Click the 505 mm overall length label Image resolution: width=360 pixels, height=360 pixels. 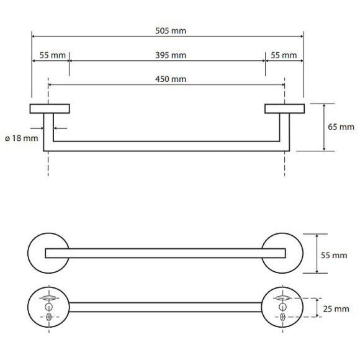point(171,31)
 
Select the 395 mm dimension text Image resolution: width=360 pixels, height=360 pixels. point(171,55)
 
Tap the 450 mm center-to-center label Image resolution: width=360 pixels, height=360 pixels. point(171,79)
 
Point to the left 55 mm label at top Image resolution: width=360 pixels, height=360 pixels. point(53,55)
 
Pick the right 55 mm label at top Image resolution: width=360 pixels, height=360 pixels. point(284,55)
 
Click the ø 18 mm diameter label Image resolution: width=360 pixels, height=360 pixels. point(22,138)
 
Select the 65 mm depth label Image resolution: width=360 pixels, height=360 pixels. point(341,127)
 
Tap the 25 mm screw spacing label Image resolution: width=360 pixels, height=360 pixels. point(336,309)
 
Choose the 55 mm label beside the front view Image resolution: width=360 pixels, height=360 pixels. point(334,255)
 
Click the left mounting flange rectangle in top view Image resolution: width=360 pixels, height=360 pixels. point(50,109)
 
